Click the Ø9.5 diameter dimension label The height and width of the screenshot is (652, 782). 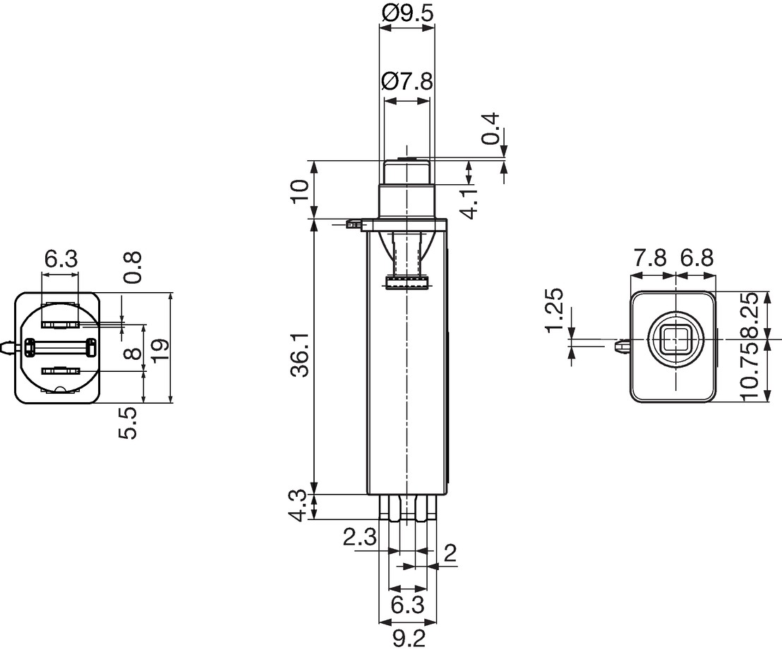(x=407, y=13)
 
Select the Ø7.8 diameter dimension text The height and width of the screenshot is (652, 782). (x=407, y=81)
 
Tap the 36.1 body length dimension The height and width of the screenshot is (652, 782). (x=301, y=356)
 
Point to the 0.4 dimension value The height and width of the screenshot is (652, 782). (x=491, y=128)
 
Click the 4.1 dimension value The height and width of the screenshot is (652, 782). (x=469, y=201)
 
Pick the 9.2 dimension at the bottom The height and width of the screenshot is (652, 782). (x=408, y=639)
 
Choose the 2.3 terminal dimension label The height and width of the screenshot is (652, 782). (x=359, y=538)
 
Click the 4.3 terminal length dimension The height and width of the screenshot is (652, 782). (x=301, y=505)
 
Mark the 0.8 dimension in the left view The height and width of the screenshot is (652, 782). (x=132, y=268)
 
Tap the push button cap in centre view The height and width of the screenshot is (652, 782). (x=407, y=171)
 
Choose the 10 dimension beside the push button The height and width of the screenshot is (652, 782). (x=300, y=191)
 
